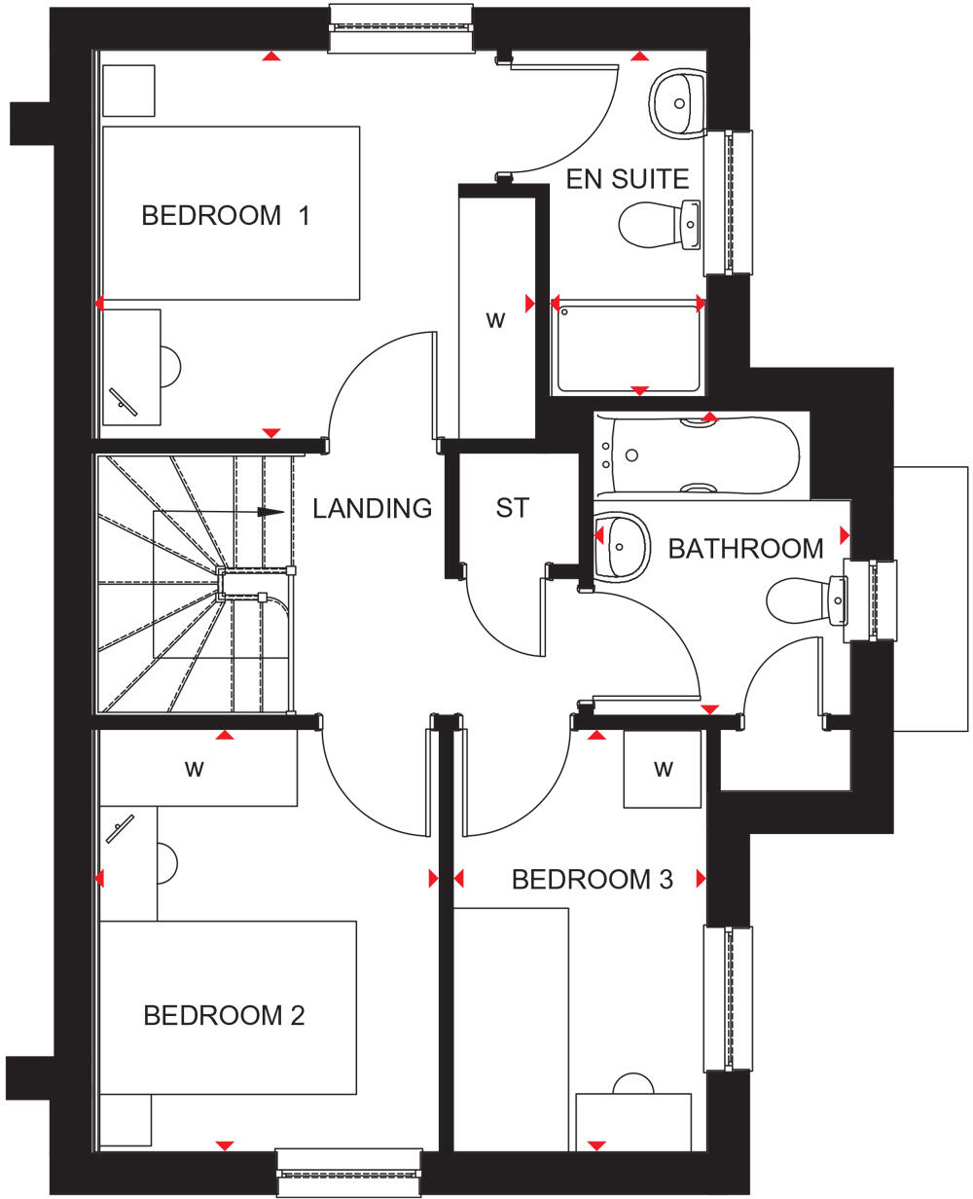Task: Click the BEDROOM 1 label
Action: [x=226, y=215]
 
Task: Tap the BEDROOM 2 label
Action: [x=224, y=1016]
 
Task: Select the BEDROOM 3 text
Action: [x=592, y=880]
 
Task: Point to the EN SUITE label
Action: [x=628, y=179]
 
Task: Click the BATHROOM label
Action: [x=745, y=549]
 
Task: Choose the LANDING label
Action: [x=372, y=508]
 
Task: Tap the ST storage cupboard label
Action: [x=512, y=508]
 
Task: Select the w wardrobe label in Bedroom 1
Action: [x=496, y=320]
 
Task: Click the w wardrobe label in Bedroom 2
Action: [x=195, y=769]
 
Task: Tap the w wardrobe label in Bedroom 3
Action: [x=663, y=769]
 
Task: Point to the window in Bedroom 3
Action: [x=728, y=998]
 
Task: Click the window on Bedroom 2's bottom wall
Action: [x=349, y=1173]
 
